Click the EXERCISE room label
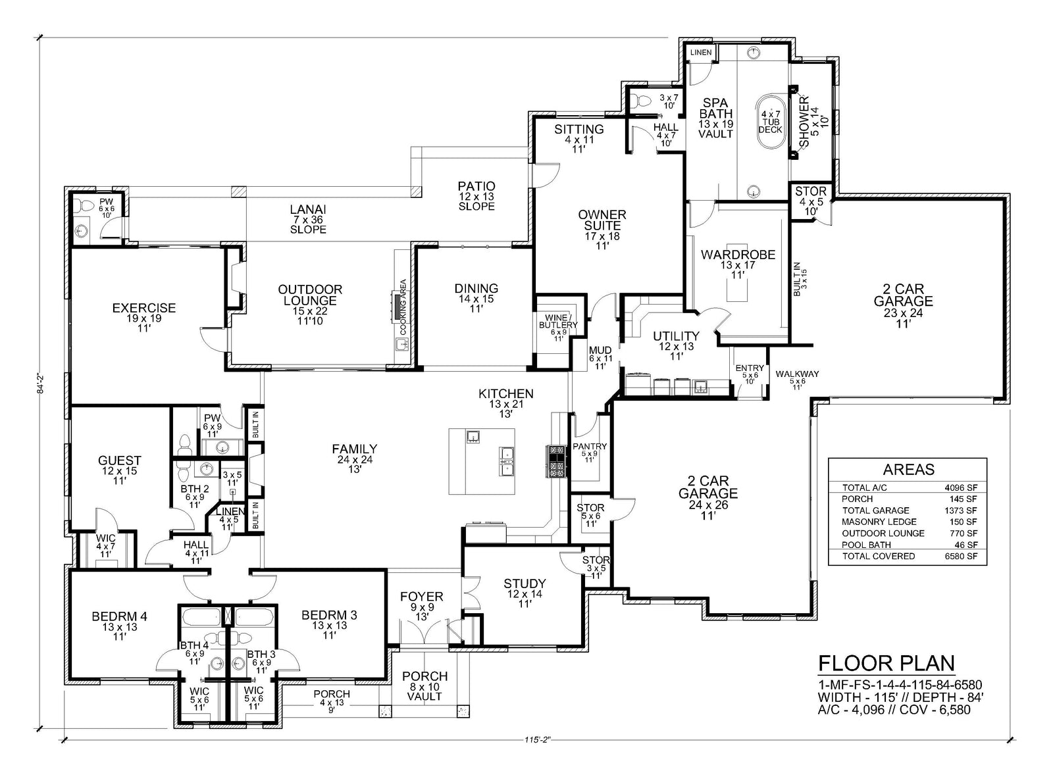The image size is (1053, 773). point(144,309)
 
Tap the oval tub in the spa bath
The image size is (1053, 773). point(771,122)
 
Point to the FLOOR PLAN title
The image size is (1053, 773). point(886,663)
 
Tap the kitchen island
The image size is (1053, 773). point(481,461)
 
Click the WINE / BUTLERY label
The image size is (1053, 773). point(558,322)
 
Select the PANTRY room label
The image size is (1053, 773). point(590,446)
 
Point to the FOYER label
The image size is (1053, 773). point(422,596)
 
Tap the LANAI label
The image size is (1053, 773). point(308,210)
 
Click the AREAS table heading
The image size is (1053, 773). point(909,470)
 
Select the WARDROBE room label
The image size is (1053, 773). point(738,255)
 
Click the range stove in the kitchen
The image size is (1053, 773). point(557,461)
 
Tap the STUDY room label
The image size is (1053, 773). point(525,584)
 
